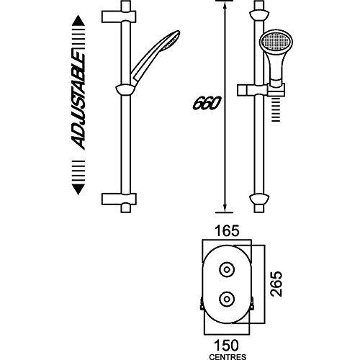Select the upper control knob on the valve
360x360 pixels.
tap(228, 270)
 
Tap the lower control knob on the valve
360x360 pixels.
tap(228, 297)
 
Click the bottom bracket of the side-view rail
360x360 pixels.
tap(258, 198)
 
